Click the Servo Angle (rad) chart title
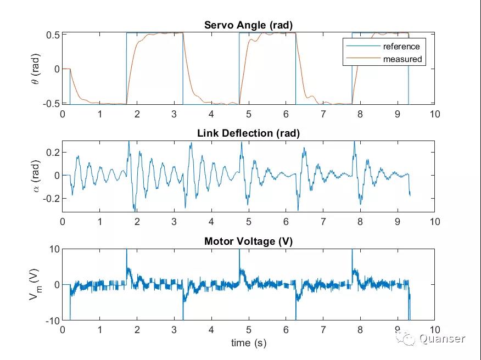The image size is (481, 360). tap(248, 25)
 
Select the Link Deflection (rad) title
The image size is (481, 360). tap(248, 133)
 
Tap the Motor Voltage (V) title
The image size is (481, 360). tap(248, 241)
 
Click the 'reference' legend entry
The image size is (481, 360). tap(401, 47)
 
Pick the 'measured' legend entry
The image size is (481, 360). tap(402, 59)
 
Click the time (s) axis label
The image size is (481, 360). tap(248, 343)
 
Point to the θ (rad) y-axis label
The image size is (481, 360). tap(35, 68)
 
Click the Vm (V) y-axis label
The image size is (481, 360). tap(34, 284)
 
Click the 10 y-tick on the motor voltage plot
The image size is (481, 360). tap(53, 249)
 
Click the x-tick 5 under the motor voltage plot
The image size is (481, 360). tap(249, 330)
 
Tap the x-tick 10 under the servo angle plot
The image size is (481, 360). tap(435, 114)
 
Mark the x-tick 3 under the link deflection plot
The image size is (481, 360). tap(174, 222)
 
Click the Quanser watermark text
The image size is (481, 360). tap(442, 339)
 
